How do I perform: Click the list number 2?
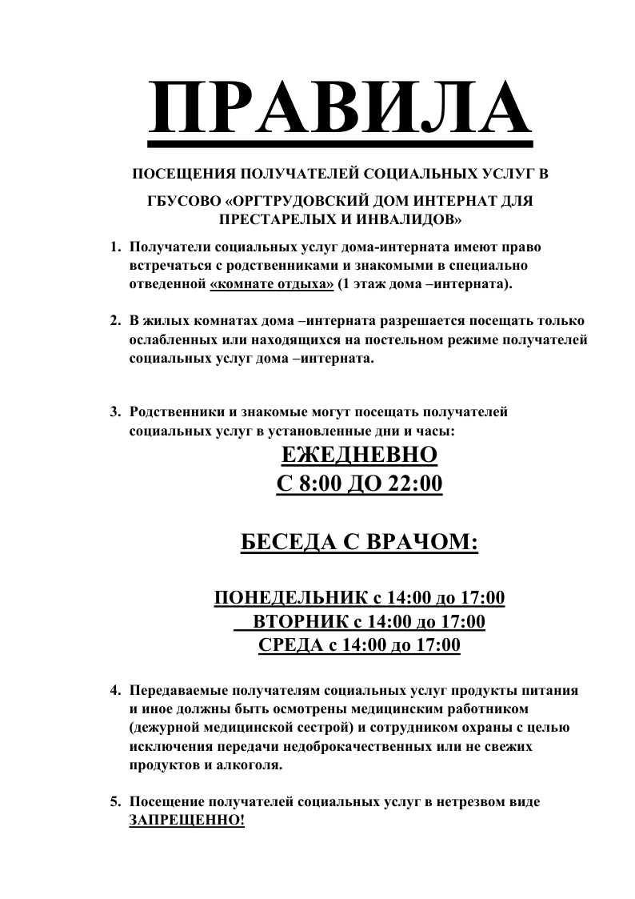tap(114, 321)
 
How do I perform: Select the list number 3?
tap(114, 413)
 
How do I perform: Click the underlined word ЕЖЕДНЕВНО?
tap(359, 456)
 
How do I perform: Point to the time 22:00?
tap(414, 484)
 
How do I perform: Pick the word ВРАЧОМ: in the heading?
tap(422, 543)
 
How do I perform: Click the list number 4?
tap(114, 690)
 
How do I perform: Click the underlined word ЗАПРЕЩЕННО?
tap(187, 821)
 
